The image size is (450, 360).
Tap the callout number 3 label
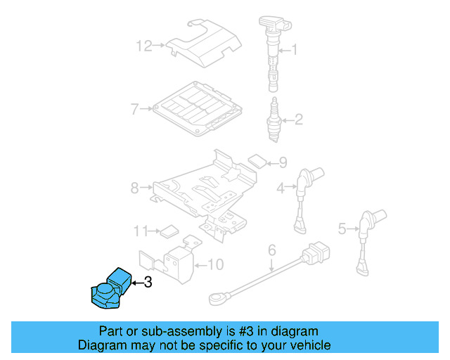click(x=147, y=283)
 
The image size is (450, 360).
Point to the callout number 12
click(x=143, y=46)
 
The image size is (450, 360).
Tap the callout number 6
click(x=272, y=249)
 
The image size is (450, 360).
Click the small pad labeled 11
click(x=169, y=229)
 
